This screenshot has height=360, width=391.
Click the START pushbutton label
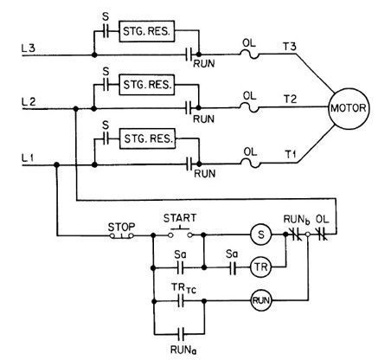coord(180,218)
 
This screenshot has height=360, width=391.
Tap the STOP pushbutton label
coord(121,227)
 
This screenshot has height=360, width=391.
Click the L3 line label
coord(29,48)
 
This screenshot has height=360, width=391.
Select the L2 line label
coord(29,102)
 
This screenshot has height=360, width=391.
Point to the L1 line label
coord(28,157)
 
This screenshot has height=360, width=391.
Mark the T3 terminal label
coord(290,47)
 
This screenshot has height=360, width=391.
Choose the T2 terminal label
coord(290,100)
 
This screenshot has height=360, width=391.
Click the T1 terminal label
coord(291,154)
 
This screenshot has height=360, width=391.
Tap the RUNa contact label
coord(183,350)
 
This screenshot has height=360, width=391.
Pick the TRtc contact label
coord(183,287)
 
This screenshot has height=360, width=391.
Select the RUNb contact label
coord(297,220)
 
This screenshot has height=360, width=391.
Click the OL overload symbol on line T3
coord(250,55)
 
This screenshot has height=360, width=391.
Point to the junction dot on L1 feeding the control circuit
coord(57,165)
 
